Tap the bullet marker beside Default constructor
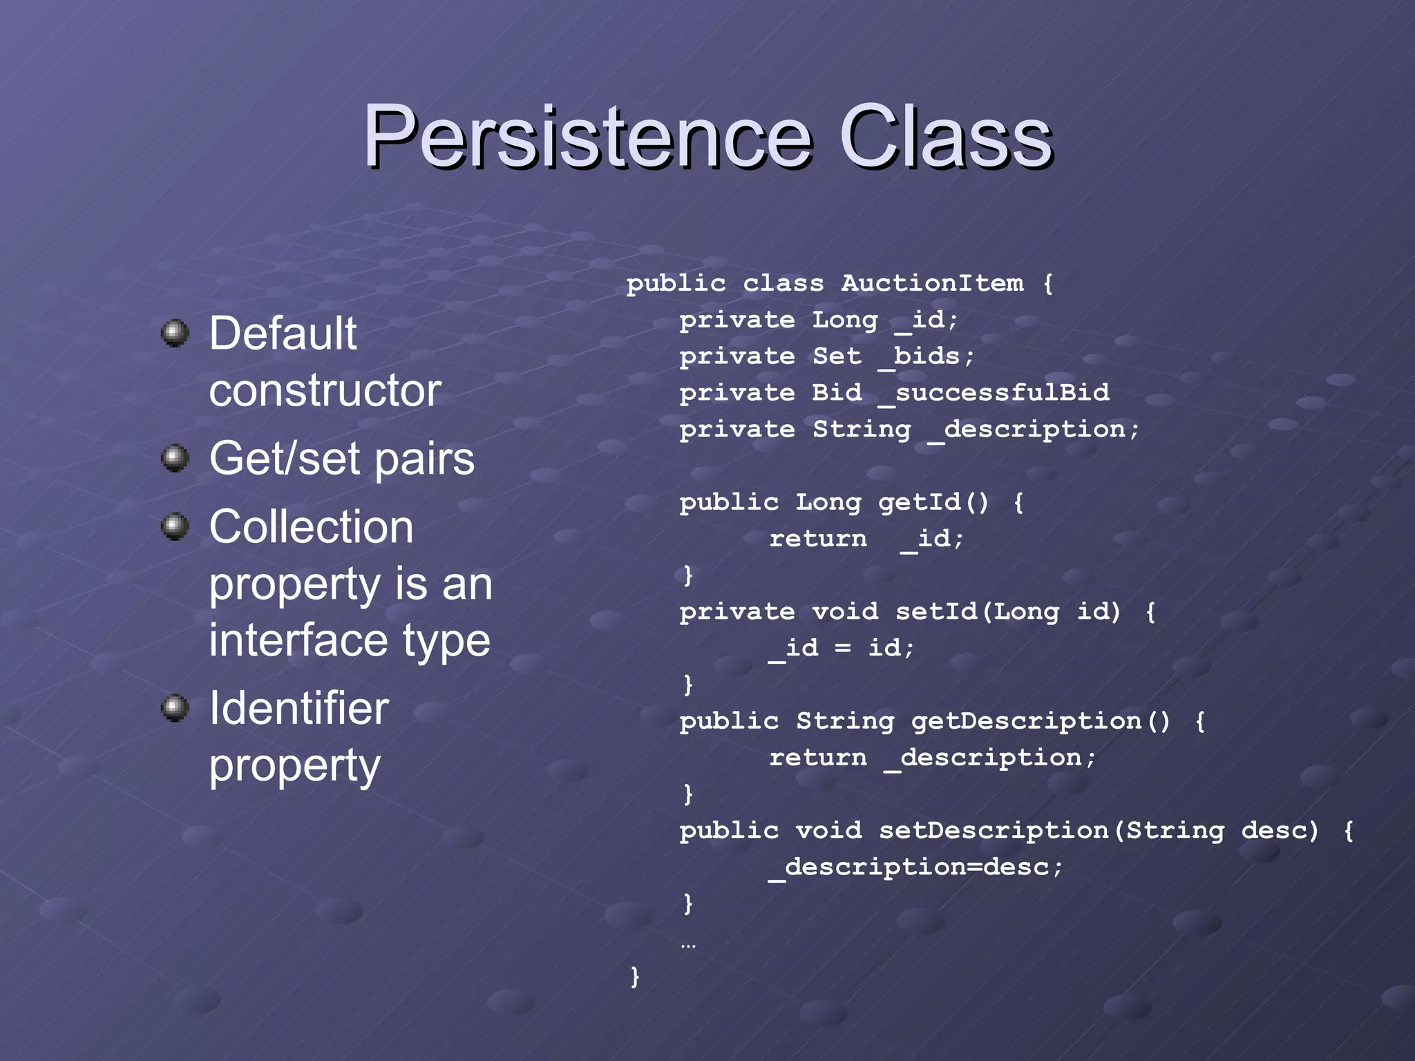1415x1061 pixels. (x=175, y=334)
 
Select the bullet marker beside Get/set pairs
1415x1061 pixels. (x=175, y=458)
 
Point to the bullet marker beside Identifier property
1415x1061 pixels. (x=175, y=708)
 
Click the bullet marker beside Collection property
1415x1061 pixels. (x=175, y=527)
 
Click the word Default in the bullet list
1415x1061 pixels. (x=283, y=334)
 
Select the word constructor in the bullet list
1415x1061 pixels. (x=325, y=390)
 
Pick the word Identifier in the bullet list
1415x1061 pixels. (x=298, y=709)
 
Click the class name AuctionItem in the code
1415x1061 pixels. (x=932, y=283)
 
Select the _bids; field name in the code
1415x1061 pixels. (x=927, y=356)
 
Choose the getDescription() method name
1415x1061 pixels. (x=1041, y=721)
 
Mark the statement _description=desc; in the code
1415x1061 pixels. (x=916, y=867)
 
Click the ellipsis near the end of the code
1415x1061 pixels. (x=688, y=944)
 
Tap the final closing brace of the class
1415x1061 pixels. (x=635, y=976)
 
